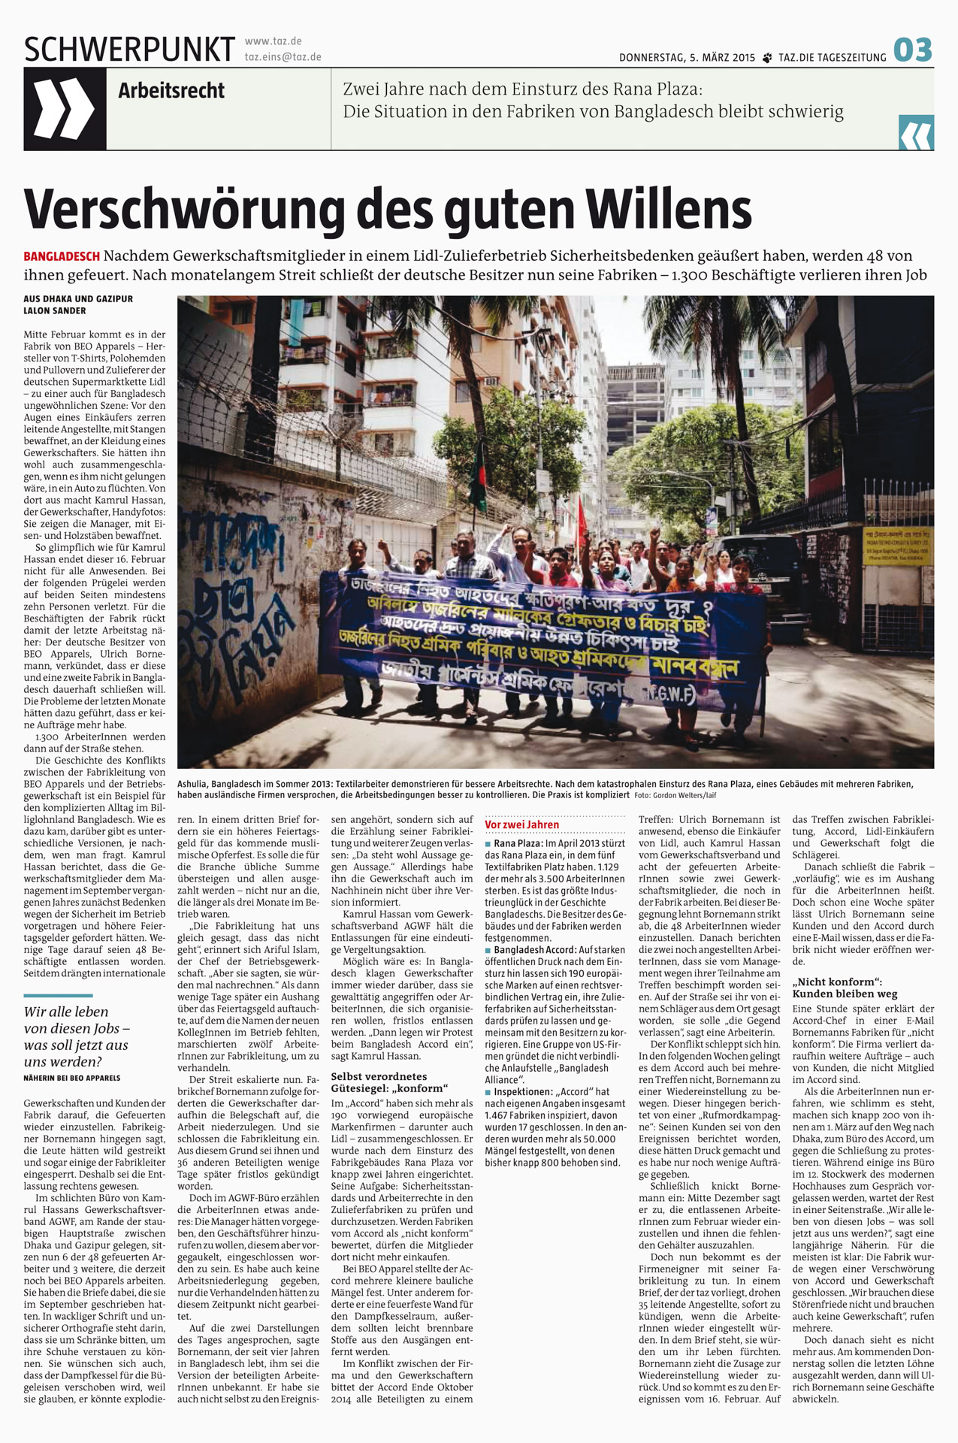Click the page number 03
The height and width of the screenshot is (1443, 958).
pyautogui.click(x=913, y=50)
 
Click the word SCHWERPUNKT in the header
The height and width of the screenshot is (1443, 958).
pyautogui.click(x=129, y=50)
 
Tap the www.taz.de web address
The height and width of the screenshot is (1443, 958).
pyautogui.click(x=273, y=41)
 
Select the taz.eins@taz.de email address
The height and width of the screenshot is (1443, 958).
pyautogui.click(x=283, y=57)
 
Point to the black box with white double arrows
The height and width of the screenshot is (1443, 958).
pyautogui.click(x=65, y=109)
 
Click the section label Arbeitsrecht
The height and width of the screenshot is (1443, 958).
pyautogui.click(x=171, y=91)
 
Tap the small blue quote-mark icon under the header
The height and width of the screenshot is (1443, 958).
pyautogui.click(x=916, y=133)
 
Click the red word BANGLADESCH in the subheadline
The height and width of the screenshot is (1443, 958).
pyautogui.click(x=62, y=257)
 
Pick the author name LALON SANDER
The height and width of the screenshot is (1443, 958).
pyautogui.click(x=55, y=310)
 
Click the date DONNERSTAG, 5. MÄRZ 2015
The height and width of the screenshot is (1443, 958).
pyautogui.click(x=687, y=58)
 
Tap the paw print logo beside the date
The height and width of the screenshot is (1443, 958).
pyautogui.click(x=767, y=58)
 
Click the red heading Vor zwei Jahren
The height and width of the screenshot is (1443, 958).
pyautogui.click(x=522, y=824)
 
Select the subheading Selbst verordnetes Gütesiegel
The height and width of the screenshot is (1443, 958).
pyautogui.click(x=390, y=1082)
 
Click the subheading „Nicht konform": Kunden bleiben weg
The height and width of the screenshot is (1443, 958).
pyautogui.click(x=845, y=988)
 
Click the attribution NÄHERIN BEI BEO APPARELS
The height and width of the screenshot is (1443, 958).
pyautogui.click(x=72, y=1078)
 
